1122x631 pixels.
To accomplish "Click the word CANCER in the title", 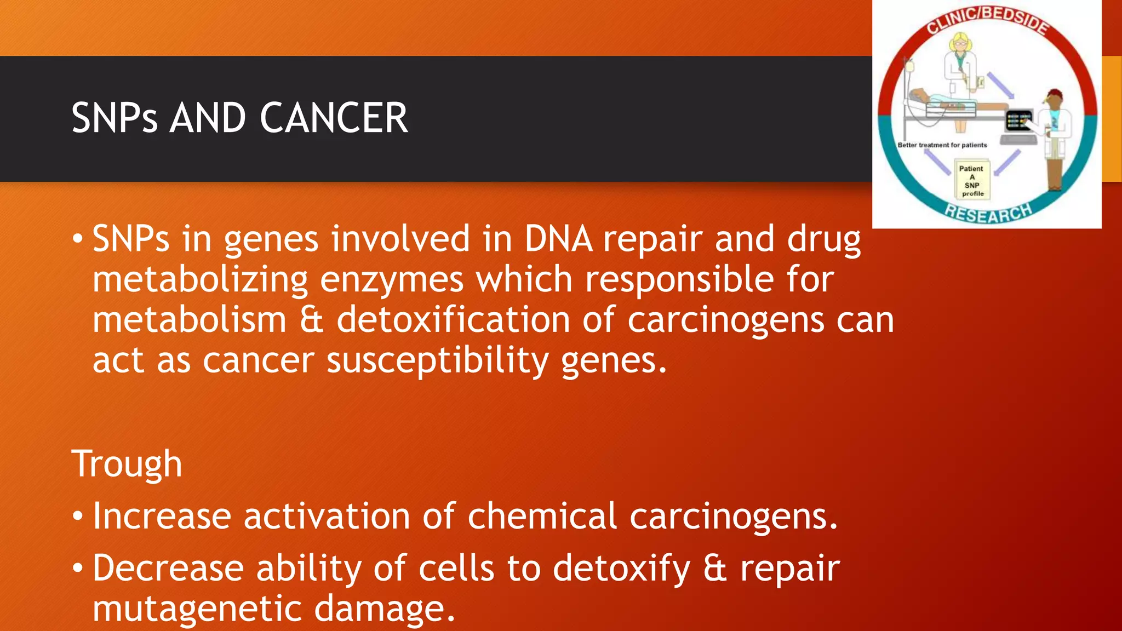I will (334, 118).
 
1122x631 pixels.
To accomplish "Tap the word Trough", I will (127, 464).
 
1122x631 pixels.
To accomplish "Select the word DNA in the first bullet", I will (558, 239).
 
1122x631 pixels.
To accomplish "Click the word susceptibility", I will (437, 361).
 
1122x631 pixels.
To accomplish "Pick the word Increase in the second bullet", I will (162, 517).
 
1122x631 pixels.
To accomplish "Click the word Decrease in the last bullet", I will (168, 569).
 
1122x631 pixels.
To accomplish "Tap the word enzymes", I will (391, 280).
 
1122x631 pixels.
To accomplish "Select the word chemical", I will (542, 517).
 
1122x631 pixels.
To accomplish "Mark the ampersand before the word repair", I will (715, 569).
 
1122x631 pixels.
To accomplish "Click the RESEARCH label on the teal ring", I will (988, 212).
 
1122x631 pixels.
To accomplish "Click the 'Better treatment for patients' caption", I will (942, 145).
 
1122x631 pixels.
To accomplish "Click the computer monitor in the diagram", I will (1018, 121).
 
